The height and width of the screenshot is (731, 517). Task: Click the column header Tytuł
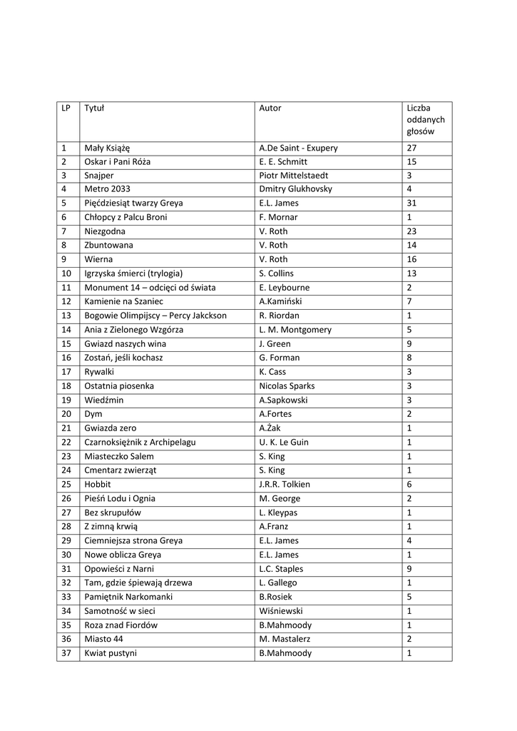[x=94, y=109]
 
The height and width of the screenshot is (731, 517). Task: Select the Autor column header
[x=270, y=109]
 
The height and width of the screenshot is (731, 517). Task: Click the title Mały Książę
[x=107, y=148]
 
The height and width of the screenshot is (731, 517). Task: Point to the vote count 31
[x=411, y=203]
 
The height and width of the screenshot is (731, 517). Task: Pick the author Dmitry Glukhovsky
[x=296, y=189]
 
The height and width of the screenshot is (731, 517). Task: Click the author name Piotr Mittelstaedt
[x=294, y=176]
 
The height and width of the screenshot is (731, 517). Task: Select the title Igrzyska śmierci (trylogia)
[x=133, y=273]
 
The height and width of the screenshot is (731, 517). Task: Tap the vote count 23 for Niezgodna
[x=411, y=231]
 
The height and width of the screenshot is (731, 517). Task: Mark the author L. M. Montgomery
[x=295, y=330]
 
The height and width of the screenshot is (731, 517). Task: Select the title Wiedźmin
[x=103, y=400]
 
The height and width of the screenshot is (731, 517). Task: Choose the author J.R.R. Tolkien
[x=285, y=484]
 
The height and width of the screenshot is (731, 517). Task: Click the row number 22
[x=66, y=442]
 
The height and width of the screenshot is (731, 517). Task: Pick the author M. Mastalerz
[x=285, y=639]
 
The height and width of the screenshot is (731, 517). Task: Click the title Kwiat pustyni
[x=111, y=653]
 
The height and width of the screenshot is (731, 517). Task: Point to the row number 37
[x=66, y=653]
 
